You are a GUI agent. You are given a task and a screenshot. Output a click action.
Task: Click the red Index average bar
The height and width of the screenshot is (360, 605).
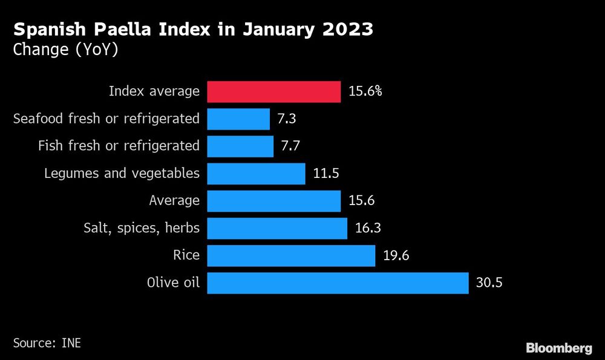(x=274, y=92)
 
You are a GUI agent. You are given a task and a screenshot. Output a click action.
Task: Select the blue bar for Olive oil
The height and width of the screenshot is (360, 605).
(x=338, y=283)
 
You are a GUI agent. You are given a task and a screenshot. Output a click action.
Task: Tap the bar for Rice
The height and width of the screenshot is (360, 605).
(x=291, y=256)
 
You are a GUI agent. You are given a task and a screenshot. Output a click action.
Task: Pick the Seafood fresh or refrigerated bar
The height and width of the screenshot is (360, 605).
(x=238, y=119)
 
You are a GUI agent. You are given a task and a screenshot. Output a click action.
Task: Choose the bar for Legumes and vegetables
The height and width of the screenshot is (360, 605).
(x=256, y=174)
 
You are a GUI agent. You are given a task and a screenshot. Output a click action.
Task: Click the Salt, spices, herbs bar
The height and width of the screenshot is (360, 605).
(x=277, y=229)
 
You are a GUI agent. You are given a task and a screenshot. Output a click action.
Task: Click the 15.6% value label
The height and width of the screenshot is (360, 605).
(x=365, y=92)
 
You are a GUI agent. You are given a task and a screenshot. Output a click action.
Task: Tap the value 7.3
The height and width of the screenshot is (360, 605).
(x=286, y=119)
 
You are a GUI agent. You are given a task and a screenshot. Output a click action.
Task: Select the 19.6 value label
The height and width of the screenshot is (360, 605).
(x=396, y=256)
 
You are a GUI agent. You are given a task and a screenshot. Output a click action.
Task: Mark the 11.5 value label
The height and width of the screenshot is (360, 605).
(x=326, y=174)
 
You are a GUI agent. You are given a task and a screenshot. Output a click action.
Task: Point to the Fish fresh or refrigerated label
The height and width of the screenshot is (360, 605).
(x=118, y=146)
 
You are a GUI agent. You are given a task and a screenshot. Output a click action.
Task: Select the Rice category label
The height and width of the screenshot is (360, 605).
(x=186, y=255)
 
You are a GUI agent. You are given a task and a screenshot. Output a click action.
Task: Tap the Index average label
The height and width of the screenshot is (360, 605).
(x=154, y=91)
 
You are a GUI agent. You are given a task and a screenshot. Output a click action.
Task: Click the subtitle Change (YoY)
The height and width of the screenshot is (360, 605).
(x=65, y=50)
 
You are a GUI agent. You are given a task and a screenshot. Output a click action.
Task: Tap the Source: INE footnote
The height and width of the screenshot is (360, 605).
(x=47, y=343)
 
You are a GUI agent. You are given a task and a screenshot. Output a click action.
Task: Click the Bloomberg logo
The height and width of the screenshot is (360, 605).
(x=558, y=348)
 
